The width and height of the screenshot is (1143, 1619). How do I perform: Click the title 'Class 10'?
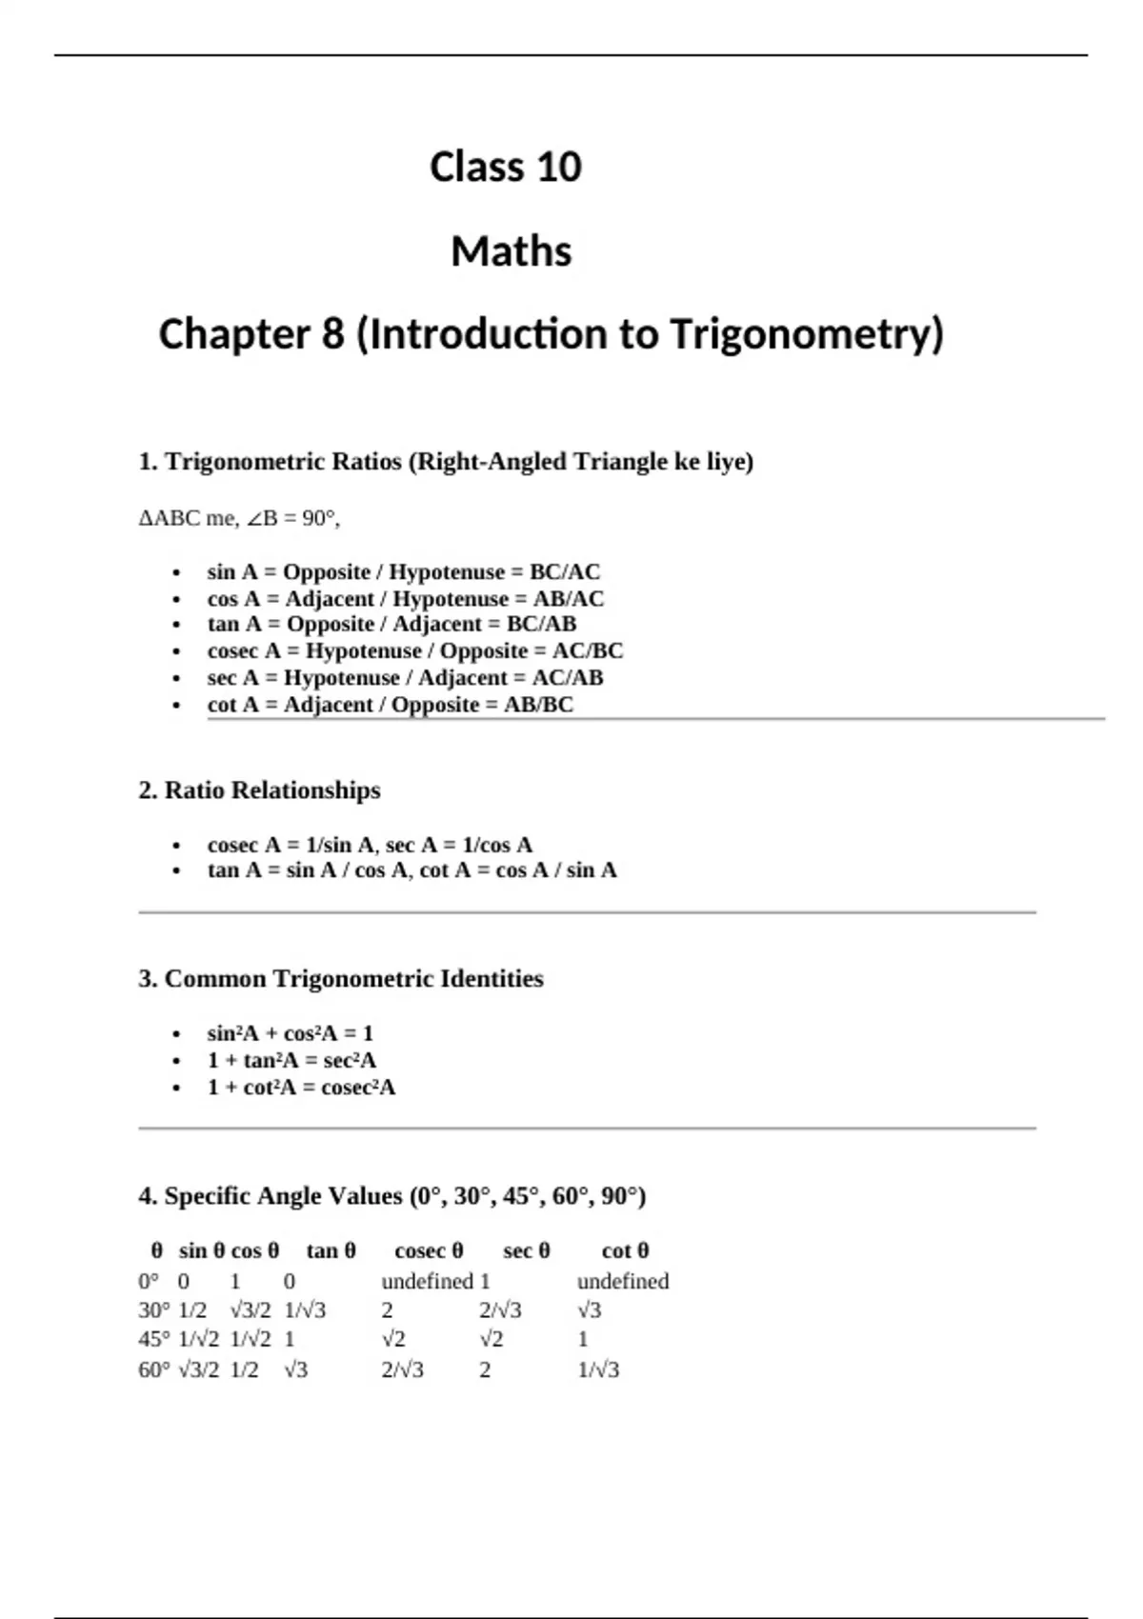click(505, 168)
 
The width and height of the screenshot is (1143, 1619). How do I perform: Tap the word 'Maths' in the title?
click(511, 252)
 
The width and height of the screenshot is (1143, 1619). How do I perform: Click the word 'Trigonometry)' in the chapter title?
click(807, 334)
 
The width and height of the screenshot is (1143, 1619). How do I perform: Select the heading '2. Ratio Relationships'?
click(259, 790)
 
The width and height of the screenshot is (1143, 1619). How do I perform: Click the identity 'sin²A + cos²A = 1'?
click(290, 1033)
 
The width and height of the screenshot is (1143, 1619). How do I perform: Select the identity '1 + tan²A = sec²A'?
click(291, 1060)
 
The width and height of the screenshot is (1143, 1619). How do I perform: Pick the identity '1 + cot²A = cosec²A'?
click(301, 1087)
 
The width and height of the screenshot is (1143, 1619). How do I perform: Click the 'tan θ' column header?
click(331, 1250)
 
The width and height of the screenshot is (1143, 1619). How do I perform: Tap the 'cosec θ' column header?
click(429, 1250)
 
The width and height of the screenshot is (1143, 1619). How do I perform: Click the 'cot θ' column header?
click(625, 1250)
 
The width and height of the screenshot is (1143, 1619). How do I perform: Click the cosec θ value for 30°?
click(388, 1310)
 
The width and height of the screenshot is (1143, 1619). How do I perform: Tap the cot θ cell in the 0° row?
click(623, 1281)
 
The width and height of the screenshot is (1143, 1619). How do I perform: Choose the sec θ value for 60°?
click(485, 1369)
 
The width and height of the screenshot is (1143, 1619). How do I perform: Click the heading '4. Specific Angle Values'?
click(391, 1196)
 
